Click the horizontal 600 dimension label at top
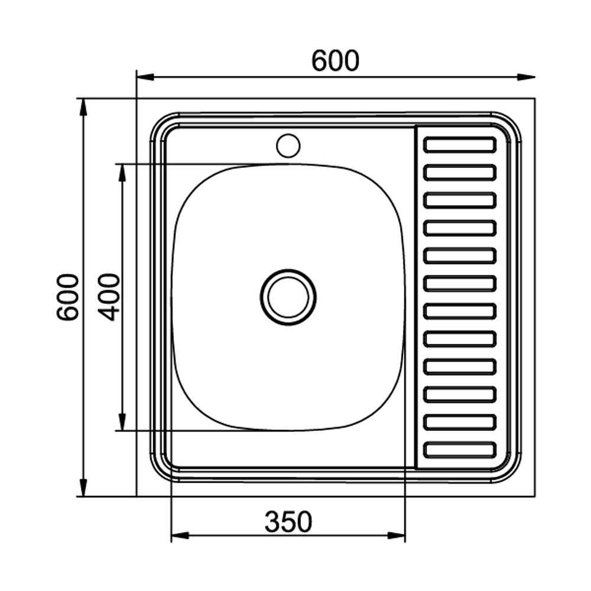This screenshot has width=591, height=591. click(335, 61)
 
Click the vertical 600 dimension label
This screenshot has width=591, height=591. click(68, 297)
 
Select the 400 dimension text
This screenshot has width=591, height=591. click(109, 297)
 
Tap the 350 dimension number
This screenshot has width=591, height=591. click(288, 522)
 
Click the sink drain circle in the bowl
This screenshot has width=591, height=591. click(288, 297)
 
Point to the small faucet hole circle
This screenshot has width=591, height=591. click(288, 146)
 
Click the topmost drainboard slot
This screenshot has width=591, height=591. click(460, 145)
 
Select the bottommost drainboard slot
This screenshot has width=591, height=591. click(460, 450)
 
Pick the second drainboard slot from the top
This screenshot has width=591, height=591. click(460, 173)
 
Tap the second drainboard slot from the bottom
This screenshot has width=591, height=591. click(460, 423)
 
